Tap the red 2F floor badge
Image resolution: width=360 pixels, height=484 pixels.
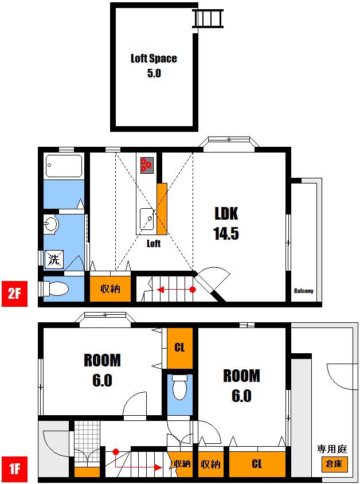(x=14, y=294)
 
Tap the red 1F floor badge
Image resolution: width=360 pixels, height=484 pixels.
(x=14, y=469)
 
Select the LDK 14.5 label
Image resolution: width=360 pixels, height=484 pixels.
(x=226, y=223)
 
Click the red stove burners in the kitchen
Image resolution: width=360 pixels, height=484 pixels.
(x=146, y=165)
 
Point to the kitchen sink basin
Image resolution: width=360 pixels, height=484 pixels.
(x=147, y=219)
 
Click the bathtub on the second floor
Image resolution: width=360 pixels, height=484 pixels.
(x=64, y=166)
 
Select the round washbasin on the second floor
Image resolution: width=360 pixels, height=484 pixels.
(x=50, y=224)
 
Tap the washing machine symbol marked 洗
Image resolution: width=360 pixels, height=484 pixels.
(x=54, y=259)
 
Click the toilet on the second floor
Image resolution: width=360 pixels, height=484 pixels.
(x=56, y=289)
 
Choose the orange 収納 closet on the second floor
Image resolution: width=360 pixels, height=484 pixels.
(x=110, y=289)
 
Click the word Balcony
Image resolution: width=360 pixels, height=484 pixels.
(x=304, y=291)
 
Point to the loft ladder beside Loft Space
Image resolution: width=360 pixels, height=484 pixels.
(x=208, y=18)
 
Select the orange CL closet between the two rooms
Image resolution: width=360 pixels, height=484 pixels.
(x=180, y=348)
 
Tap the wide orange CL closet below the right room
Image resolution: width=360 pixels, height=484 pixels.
(x=257, y=464)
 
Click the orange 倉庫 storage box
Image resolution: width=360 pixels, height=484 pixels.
(x=334, y=463)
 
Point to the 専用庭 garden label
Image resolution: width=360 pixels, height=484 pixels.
(x=332, y=449)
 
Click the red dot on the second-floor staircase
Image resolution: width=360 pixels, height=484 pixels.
(x=193, y=290)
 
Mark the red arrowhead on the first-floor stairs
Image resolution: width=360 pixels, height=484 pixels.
(x=158, y=467)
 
